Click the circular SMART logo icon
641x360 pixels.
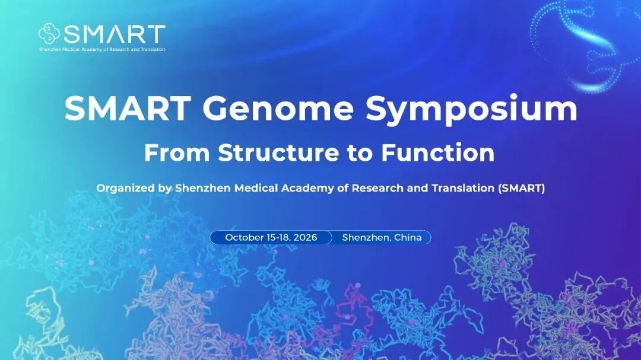click(49, 33)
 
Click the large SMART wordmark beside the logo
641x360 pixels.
click(115, 34)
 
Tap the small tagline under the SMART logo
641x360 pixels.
click(102, 49)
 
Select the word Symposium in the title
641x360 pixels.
click(471, 110)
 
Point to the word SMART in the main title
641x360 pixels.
click(128, 108)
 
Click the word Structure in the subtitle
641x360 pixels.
click(278, 152)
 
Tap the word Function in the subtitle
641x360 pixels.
click(438, 152)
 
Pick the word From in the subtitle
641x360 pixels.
click(177, 152)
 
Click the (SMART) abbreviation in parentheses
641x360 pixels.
click(522, 189)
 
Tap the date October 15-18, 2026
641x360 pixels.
click(271, 237)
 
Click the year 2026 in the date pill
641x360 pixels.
click(305, 237)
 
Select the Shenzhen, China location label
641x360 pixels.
click(382, 237)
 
